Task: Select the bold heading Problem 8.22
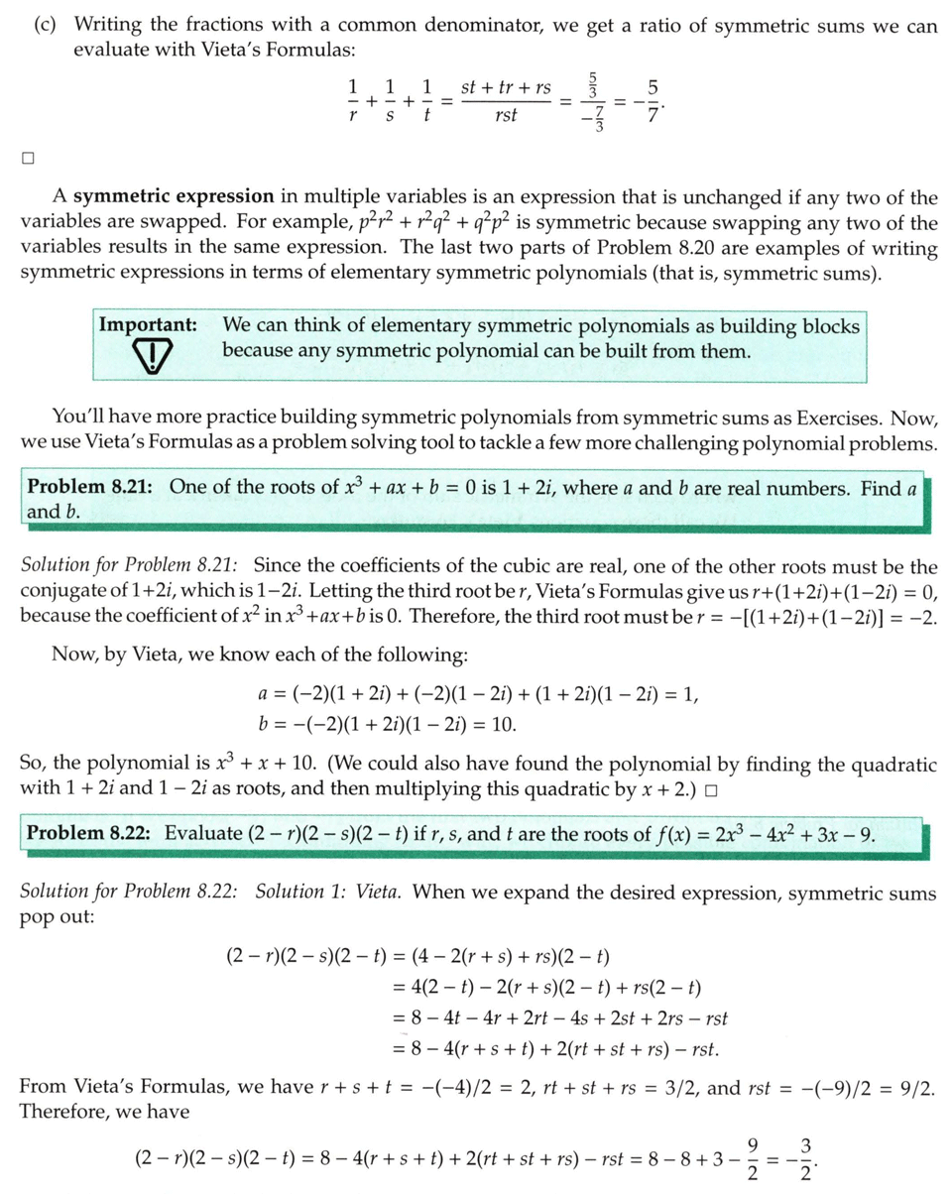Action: (88, 833)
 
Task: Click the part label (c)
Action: (46, 26)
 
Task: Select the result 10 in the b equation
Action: (504, 724)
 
